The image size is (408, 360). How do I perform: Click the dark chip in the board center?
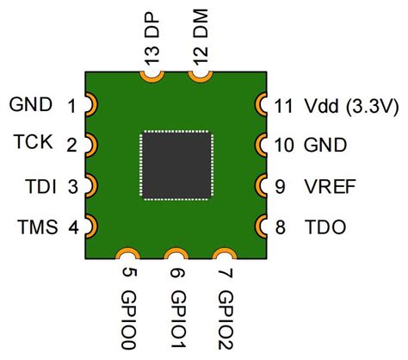(x=176, y=165)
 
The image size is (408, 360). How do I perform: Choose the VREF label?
(x=328, y=185)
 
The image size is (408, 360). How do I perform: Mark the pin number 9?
(x=281, y=185)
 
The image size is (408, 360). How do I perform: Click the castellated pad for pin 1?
(x=90, y=105)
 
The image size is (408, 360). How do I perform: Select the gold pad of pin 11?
(x=261, y=105)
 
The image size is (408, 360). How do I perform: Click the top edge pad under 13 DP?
(x=152, y=77)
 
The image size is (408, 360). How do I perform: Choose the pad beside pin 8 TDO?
(x=261, y=227)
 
